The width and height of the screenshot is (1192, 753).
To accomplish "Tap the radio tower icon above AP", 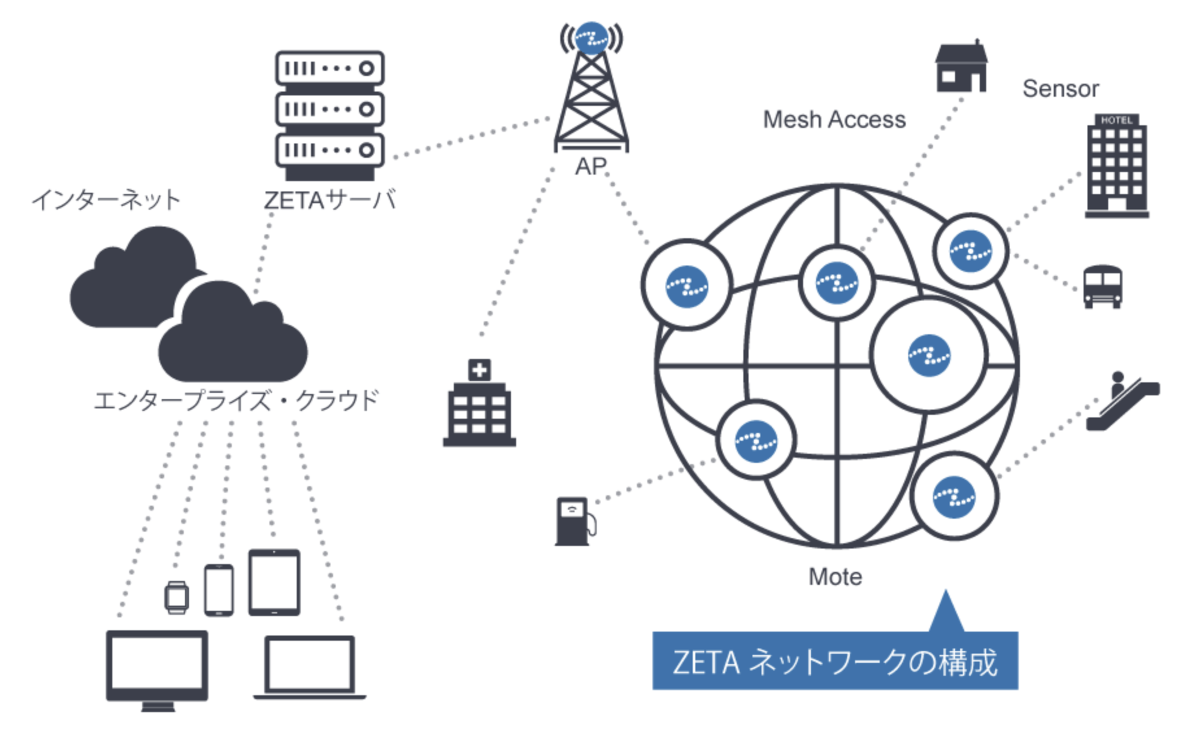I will pos(591,88).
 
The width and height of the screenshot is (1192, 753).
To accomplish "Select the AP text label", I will pos(591,167).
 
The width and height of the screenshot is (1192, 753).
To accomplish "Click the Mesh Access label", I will pos(834,119).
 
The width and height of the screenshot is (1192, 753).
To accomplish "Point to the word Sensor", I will pos(1060,89).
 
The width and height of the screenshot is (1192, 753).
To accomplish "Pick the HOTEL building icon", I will pos(1116,166).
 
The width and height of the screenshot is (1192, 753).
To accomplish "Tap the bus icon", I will pos(1102,286).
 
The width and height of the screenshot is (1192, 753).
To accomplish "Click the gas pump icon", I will pos(574,521).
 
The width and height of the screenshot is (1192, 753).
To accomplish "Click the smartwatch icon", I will pos(177,597).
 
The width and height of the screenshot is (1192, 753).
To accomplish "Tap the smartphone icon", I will pos(219,590).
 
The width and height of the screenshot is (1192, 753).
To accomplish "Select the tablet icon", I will pos(274,582).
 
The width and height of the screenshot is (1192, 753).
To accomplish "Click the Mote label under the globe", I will pos(835,576).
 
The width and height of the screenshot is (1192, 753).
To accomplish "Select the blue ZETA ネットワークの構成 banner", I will pos(835,661).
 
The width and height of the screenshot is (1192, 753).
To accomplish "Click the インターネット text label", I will pos(106,199).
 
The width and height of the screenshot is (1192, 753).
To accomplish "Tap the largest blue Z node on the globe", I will pos(929,356).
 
